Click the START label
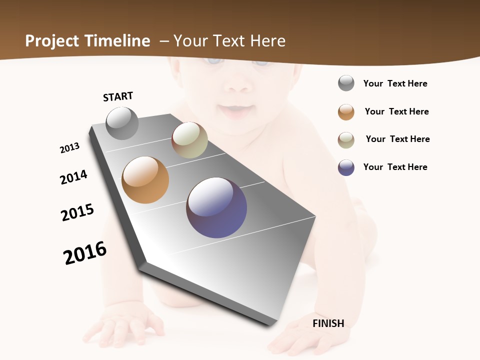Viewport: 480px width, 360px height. click(x=118, y=96)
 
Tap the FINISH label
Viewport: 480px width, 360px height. click(x=328, y=323)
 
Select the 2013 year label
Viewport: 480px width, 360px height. click(x=69, y=148)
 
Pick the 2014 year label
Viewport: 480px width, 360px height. click(x=73, y=177)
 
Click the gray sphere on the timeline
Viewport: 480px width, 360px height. click(x=122, y=123)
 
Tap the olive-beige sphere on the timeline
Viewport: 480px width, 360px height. click(x=189, y=140)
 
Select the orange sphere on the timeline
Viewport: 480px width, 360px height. click(x=145, y=180)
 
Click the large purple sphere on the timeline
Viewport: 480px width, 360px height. click(x=216, y=207)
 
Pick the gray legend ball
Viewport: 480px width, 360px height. click(x=346, y=83)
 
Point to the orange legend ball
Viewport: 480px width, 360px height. click(x=346, y=112)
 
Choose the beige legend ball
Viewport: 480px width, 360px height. click(x=346, y=140)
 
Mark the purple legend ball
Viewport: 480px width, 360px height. click(x=346, y=167)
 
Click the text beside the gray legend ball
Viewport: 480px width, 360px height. click(x=395, y=84)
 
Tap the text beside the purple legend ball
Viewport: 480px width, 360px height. click(x=395, y=167)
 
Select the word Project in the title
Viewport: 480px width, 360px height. click(x=52, y=41)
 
